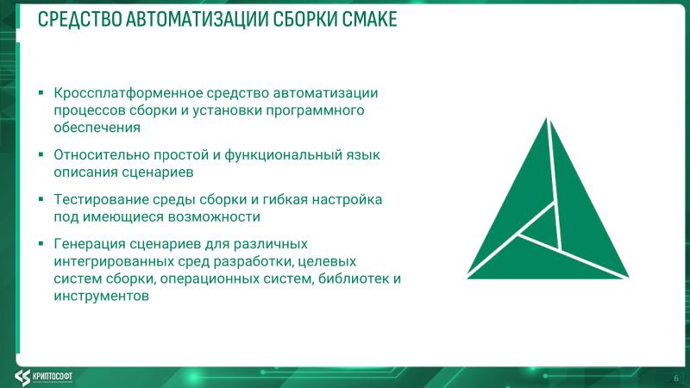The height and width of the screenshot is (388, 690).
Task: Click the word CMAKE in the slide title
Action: click(366, 19)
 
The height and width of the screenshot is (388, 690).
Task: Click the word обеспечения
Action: click(97, 128)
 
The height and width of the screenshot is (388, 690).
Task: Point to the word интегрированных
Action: click(111, 260)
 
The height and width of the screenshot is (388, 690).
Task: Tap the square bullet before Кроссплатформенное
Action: click(41, 92)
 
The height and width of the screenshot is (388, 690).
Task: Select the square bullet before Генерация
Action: click(41, 242)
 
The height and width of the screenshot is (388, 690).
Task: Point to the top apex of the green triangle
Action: click(546, 118)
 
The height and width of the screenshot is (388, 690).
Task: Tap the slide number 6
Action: click(675, 378)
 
